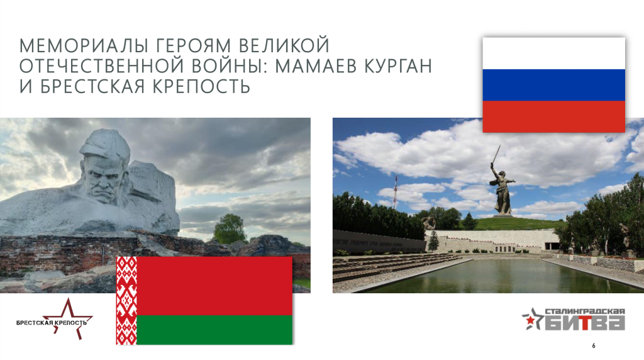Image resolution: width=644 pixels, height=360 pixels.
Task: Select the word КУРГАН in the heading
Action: (x=397, y=65)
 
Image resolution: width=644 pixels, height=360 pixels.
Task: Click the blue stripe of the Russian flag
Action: (x=553, y=85)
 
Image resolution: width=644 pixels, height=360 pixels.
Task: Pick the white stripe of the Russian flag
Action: (x=553, y=53)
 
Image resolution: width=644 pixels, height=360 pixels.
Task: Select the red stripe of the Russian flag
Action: (x=553, y=116)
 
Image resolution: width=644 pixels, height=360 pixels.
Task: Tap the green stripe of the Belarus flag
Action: (x=214, y=330)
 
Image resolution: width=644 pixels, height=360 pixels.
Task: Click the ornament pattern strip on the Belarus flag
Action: (x=126, y=300)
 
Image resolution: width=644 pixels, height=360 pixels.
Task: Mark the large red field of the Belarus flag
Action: (x=214, y=286)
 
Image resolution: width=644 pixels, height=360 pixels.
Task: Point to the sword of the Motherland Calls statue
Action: (x=496, y=155)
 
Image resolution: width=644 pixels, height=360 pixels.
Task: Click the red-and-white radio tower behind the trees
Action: (x=396, y=191)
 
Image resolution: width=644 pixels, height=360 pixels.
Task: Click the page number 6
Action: (x=594, y=346)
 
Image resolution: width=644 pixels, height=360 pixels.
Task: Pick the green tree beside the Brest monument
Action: (x=230, y=228)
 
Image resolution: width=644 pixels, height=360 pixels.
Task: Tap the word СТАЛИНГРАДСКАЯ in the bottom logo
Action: (x=585, y=312)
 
